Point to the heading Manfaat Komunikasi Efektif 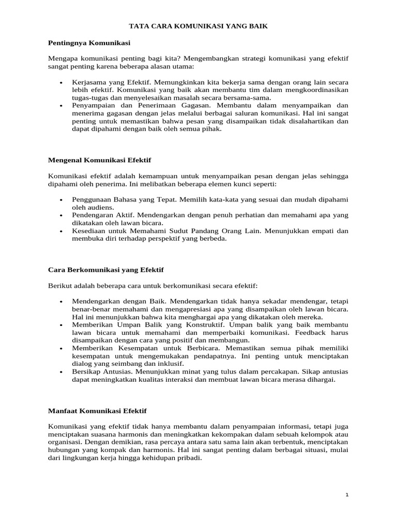(97, 411)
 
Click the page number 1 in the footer (347, 495)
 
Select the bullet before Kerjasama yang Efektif (61, 83)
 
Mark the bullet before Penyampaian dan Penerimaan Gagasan (61, 105)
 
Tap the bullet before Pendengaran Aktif (61, 214)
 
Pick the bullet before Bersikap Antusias (61, 372)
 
